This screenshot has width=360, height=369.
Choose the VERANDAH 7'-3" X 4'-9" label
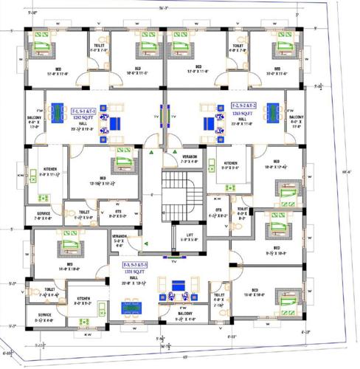point(190,158)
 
